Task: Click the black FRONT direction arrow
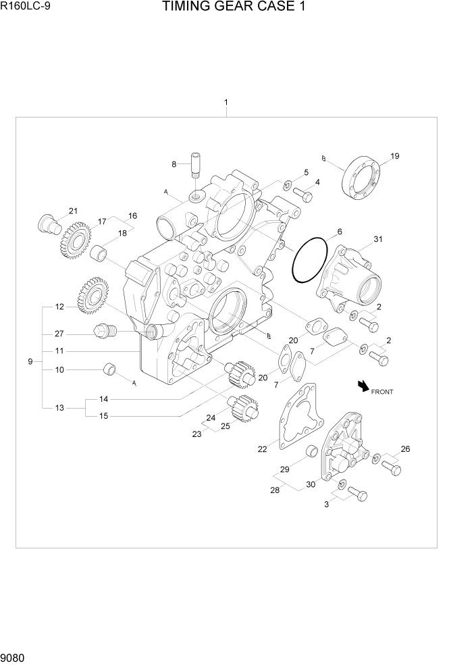tap(364, 386)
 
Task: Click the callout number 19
tap(395, 156)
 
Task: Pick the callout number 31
tap(378, 239)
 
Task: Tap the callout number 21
tap(73, 211)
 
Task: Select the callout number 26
tap(405, 448)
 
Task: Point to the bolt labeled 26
tap(391, 467)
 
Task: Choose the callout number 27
tap(59, 333)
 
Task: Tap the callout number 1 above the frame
tap(226, 103)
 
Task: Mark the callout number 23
tap(196, 434)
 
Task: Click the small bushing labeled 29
tap(313, 450)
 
